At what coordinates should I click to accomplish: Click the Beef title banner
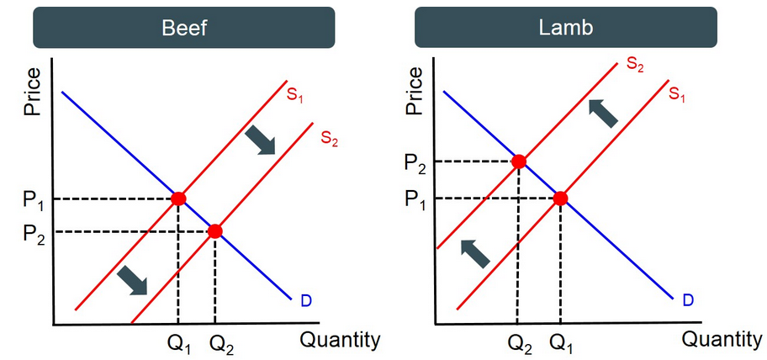184,27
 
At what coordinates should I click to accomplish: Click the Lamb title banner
566,27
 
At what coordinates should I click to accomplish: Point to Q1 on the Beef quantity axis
178,343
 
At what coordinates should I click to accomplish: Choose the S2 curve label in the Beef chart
329,138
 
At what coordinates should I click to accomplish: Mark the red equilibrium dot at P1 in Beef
178,199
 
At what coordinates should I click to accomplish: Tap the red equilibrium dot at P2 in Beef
215,231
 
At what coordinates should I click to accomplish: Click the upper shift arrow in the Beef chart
262,140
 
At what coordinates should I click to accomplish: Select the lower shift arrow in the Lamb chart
475,252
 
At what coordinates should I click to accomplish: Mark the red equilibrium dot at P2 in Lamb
519,161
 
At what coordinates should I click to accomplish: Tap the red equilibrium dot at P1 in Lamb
560,199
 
